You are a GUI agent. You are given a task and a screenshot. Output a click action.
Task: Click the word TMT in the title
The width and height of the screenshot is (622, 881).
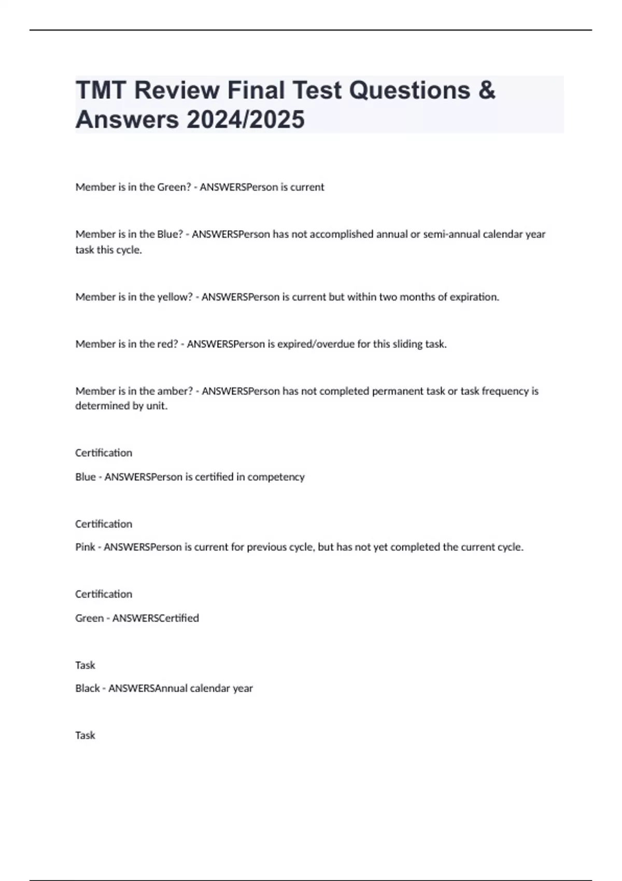(101, 90)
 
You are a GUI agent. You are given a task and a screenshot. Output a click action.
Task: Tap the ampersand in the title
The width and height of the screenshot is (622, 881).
(486, 90)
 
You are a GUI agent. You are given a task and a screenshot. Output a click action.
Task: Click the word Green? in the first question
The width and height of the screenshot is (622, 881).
(174, 187)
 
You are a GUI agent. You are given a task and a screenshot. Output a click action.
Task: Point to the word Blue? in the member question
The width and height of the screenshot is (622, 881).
(170, 234)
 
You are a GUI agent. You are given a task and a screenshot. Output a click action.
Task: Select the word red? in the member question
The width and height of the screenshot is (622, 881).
(167, 344)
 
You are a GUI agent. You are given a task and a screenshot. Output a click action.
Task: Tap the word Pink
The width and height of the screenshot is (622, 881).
(85, 547)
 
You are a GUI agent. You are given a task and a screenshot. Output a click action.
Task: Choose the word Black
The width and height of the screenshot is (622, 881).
(88, 688)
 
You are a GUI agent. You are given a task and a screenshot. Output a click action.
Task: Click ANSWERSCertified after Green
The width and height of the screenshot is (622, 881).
(155, 618)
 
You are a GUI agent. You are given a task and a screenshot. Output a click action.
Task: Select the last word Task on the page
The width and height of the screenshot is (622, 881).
(85, 735)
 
